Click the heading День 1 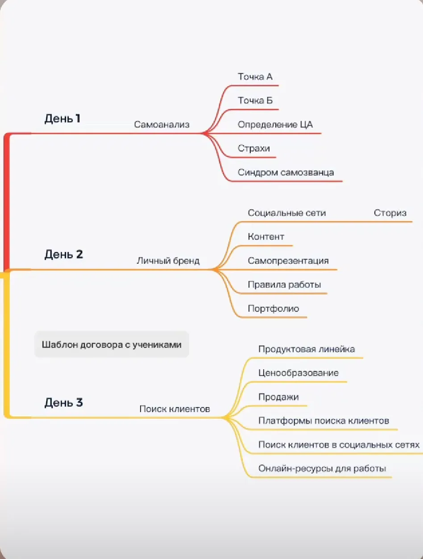point(62,118)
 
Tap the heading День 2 point(64,254)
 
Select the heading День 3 point(64,403)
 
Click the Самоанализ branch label point(162,125)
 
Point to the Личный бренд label point(168,261)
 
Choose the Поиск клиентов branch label point(174,409)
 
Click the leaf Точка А point(255,77)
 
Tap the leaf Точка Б point(255,101)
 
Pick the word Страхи point(253,149)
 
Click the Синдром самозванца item point(286,172)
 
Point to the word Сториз point(390,213)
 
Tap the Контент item point(266,237)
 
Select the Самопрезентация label point(288,261)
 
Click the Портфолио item point(273,309)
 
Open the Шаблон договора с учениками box point(112,344)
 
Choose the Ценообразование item point(298,373)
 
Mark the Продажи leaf point(278,397)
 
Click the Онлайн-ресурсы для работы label point(322,469)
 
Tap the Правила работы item point(284,285)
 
